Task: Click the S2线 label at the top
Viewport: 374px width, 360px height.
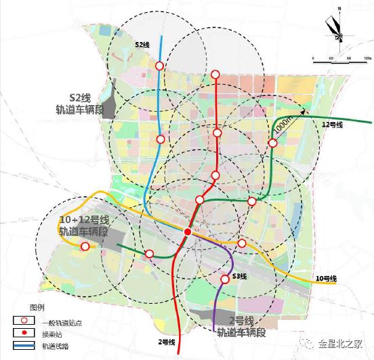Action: [142, 44]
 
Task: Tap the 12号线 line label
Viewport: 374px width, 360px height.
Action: [332, 125]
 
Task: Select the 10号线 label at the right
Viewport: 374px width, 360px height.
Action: [325, 279]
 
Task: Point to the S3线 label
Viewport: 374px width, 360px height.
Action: [239, 277]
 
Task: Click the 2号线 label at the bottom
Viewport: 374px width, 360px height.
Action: [167, 340]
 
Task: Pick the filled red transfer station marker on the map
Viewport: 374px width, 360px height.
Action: [188, 233]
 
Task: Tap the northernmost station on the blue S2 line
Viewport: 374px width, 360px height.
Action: [159, 66]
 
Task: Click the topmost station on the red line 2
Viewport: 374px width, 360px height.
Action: [216, 75]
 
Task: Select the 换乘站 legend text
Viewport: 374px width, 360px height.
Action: [51, 334]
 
